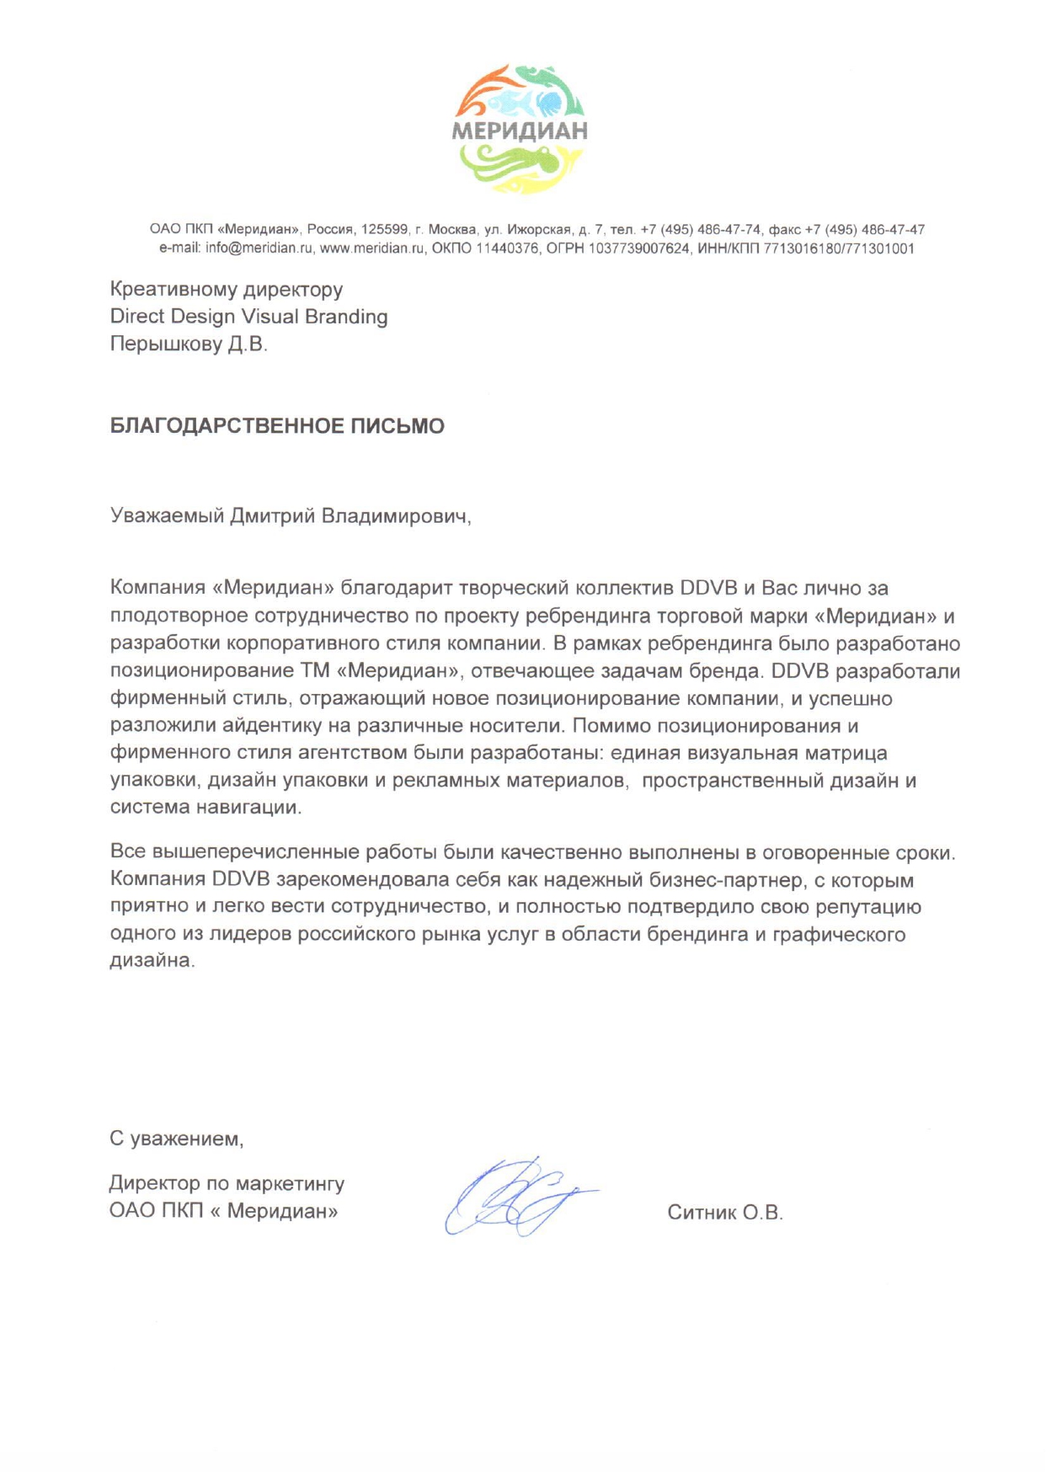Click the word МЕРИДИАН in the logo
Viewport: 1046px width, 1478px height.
coord(520,131)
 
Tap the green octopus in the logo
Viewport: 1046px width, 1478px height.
coord(522,162)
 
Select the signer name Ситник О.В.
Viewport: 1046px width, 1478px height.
coord(724,1213)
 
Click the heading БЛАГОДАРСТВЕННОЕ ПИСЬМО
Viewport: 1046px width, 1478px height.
coord(277,426)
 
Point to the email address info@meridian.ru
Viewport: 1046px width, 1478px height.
coord(259,248)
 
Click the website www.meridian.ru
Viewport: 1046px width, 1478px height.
coord(372,248)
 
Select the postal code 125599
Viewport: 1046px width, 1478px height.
coord(384,230)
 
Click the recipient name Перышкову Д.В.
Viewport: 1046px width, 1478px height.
coord(189,344)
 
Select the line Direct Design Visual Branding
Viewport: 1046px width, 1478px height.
coord(248,317)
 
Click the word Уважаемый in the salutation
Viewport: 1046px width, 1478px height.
coord(168,515)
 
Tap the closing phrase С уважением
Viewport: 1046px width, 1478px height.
coord(176,1139)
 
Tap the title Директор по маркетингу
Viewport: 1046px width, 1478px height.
coord(227,1183)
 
